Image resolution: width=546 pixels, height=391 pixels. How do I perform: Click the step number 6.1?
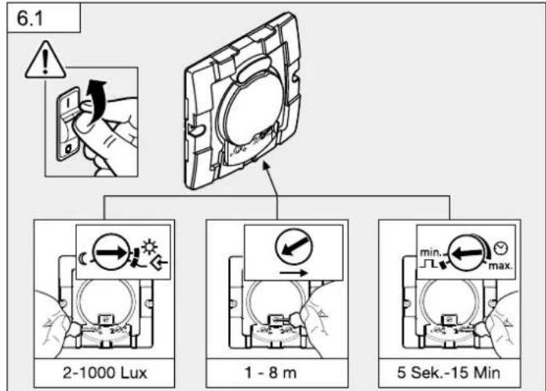click(x=30, y=18)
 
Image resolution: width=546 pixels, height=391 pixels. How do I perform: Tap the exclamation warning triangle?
click(x=45, y=60)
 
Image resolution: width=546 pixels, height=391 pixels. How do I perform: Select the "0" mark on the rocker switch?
click(x=69, y=149)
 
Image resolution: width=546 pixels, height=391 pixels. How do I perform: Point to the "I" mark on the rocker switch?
click(x=69, y=103)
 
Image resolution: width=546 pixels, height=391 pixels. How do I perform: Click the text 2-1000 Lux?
click(x=105, y=372)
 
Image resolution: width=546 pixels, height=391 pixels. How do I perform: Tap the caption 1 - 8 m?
click(x=271, y=372)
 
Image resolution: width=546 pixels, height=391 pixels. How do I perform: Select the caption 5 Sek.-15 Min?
click(x=449, y=372)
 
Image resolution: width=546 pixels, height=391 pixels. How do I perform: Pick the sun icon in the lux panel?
click(x=150, y=247)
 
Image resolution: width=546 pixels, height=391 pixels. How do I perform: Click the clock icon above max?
click(x=501, y=248)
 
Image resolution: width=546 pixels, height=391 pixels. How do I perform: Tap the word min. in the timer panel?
click(x=431, y=252)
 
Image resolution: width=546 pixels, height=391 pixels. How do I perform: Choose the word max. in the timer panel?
click(x=500, y=265)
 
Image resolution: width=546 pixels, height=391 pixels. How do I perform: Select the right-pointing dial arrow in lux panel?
click(x=111, y=251)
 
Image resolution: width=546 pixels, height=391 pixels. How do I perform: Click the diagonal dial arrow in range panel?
click(x=294, y=246)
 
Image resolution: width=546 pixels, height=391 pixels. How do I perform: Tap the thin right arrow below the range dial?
click(x=293, y=272)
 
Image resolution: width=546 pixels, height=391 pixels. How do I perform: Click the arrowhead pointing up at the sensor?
click(x=267, y=165)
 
